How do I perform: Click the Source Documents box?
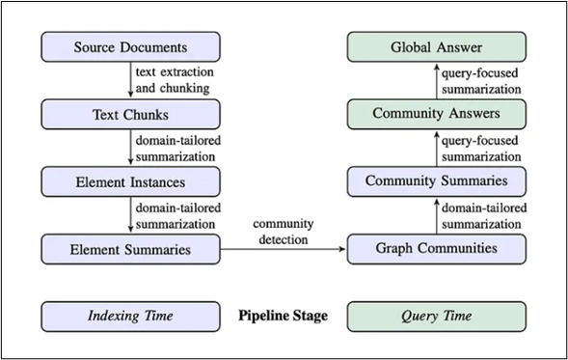coord(130,47)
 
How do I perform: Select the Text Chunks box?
coord(130,114)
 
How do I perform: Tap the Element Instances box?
coord(130,180)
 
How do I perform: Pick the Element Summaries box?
coord(130,248)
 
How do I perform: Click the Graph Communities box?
coord(436,248)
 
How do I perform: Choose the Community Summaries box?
coord(436,180)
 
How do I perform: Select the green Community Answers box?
coord(436,114)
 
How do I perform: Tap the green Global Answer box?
coord(436,47)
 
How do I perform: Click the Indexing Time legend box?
coord(130,316)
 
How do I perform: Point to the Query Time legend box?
coord(436,316)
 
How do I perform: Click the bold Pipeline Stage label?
coord(283,316)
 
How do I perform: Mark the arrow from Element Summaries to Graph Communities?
coord(283,248)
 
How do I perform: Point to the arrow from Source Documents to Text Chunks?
coord(130,80)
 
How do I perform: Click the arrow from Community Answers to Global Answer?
coord(436,80)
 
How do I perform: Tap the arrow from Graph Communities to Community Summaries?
coord(436,214)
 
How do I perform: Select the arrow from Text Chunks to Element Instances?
coord(130,147)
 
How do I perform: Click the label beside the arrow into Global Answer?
coord(481,80)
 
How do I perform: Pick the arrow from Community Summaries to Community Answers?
coord(436,147)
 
